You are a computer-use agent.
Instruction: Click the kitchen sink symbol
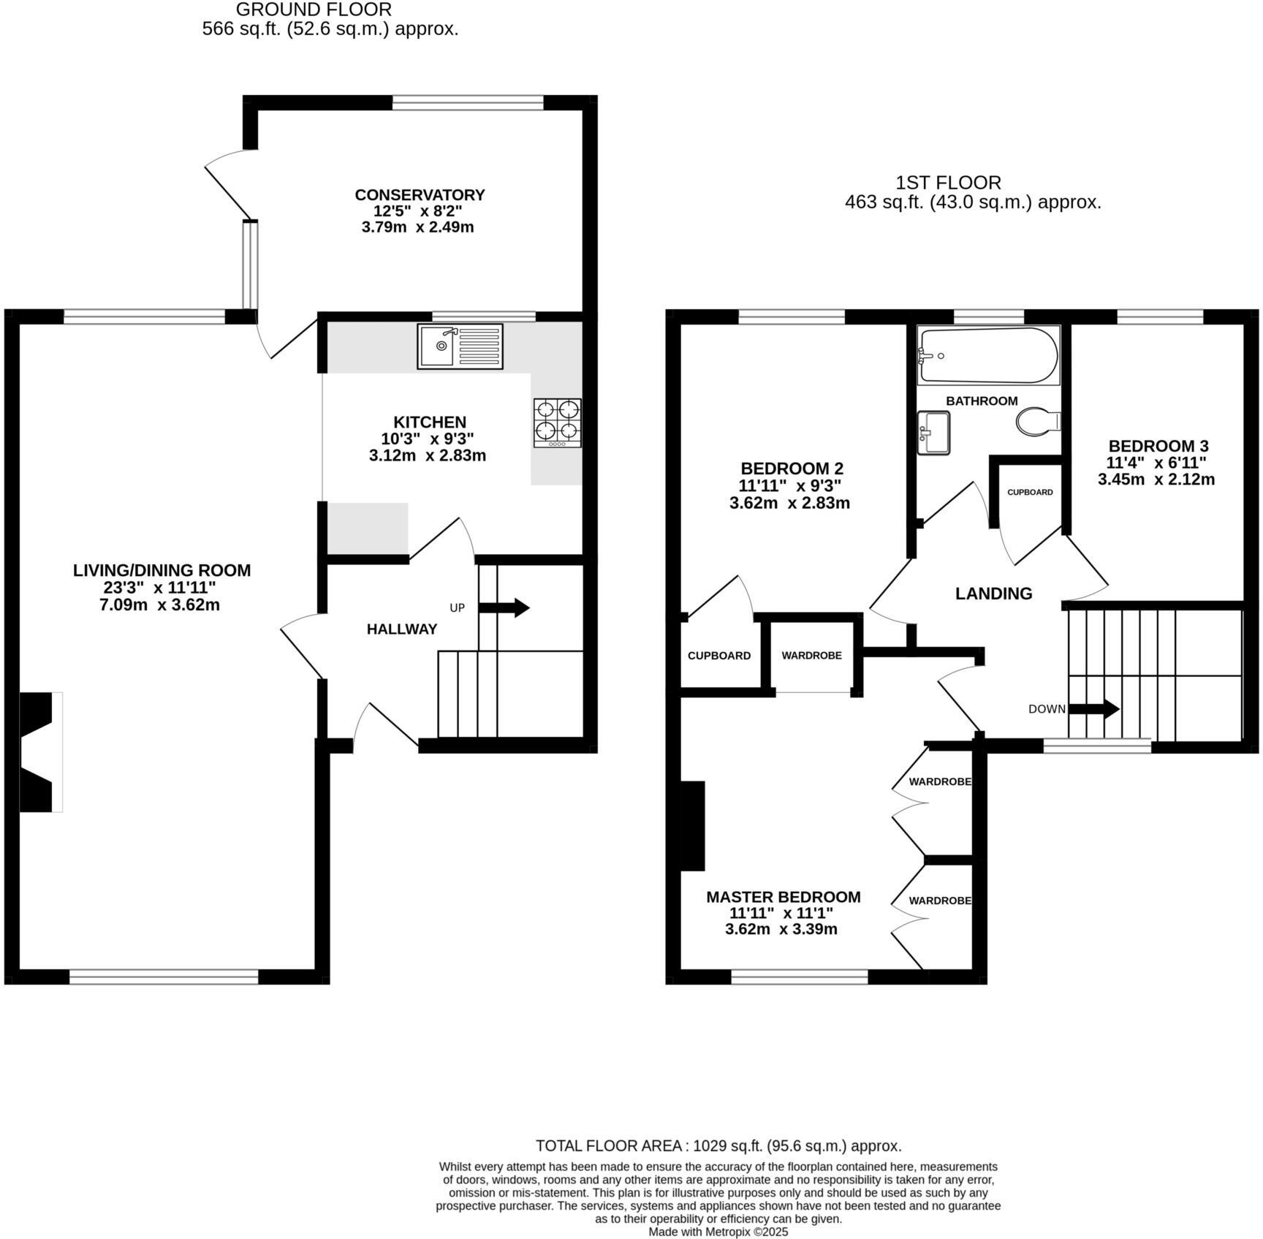(x=460, y=346)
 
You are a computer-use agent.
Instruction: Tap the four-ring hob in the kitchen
(x=557, y=423)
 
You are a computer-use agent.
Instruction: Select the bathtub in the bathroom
(x=987, y=355)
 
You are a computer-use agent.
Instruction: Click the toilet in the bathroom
(x=1036, y=422)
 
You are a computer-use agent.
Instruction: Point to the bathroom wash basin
(x=933, y=432)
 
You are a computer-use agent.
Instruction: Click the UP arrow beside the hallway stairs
(x=504, y=607)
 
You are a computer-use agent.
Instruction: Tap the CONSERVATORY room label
(x=420, y=195)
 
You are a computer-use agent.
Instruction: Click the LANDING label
(x=993, y=594)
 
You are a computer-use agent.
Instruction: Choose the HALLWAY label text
(x=401, y=629)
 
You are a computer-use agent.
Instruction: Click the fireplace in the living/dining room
(x=38, y=751)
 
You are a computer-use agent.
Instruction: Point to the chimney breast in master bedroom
(x=692, y=825)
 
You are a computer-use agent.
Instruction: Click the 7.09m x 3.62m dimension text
(x=159, y=605)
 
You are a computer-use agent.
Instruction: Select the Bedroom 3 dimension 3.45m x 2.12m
(x=1156, y=480)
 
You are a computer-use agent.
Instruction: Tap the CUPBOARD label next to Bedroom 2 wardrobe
(x=718, y=656)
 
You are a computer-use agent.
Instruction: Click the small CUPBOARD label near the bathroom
(x=1029, y=492)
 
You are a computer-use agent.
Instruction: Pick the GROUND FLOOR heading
(x=314, y=10)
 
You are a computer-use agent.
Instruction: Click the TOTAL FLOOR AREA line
(x=718, y=1145)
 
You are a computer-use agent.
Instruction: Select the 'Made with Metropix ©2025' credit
(x=718, y=1232)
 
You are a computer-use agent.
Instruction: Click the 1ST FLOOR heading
(x=948, y=183)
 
